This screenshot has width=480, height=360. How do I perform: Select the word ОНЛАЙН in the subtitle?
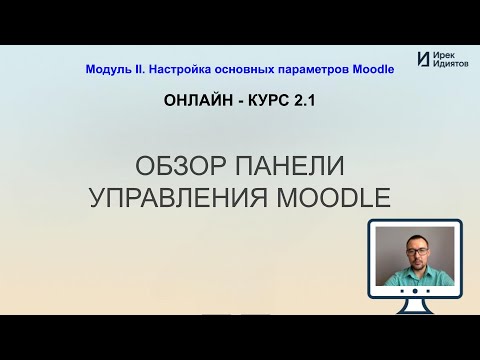(x=199, y=100)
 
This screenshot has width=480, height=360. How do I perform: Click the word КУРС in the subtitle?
(x=269, y=100)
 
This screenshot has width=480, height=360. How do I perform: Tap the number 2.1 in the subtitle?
(x=304, y=100)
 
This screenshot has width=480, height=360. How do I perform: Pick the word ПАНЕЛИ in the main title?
(x=290, y=166)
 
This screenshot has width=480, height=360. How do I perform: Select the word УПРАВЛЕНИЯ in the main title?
(x=178, y=197)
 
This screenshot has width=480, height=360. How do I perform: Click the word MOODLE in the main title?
(x=333, y=197)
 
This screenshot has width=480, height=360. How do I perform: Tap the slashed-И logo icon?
(x=423, y=59)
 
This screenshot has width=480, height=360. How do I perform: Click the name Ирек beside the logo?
(x=444, y=56)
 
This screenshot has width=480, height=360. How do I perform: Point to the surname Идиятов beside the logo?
(x=450, y=63)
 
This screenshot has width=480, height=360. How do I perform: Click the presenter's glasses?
(x=417, y=251)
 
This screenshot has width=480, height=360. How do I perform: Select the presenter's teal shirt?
(x=418, y=276)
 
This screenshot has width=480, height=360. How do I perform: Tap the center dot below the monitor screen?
(x=415, y=291)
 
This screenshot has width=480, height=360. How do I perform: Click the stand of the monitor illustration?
(x=415, y=306)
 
